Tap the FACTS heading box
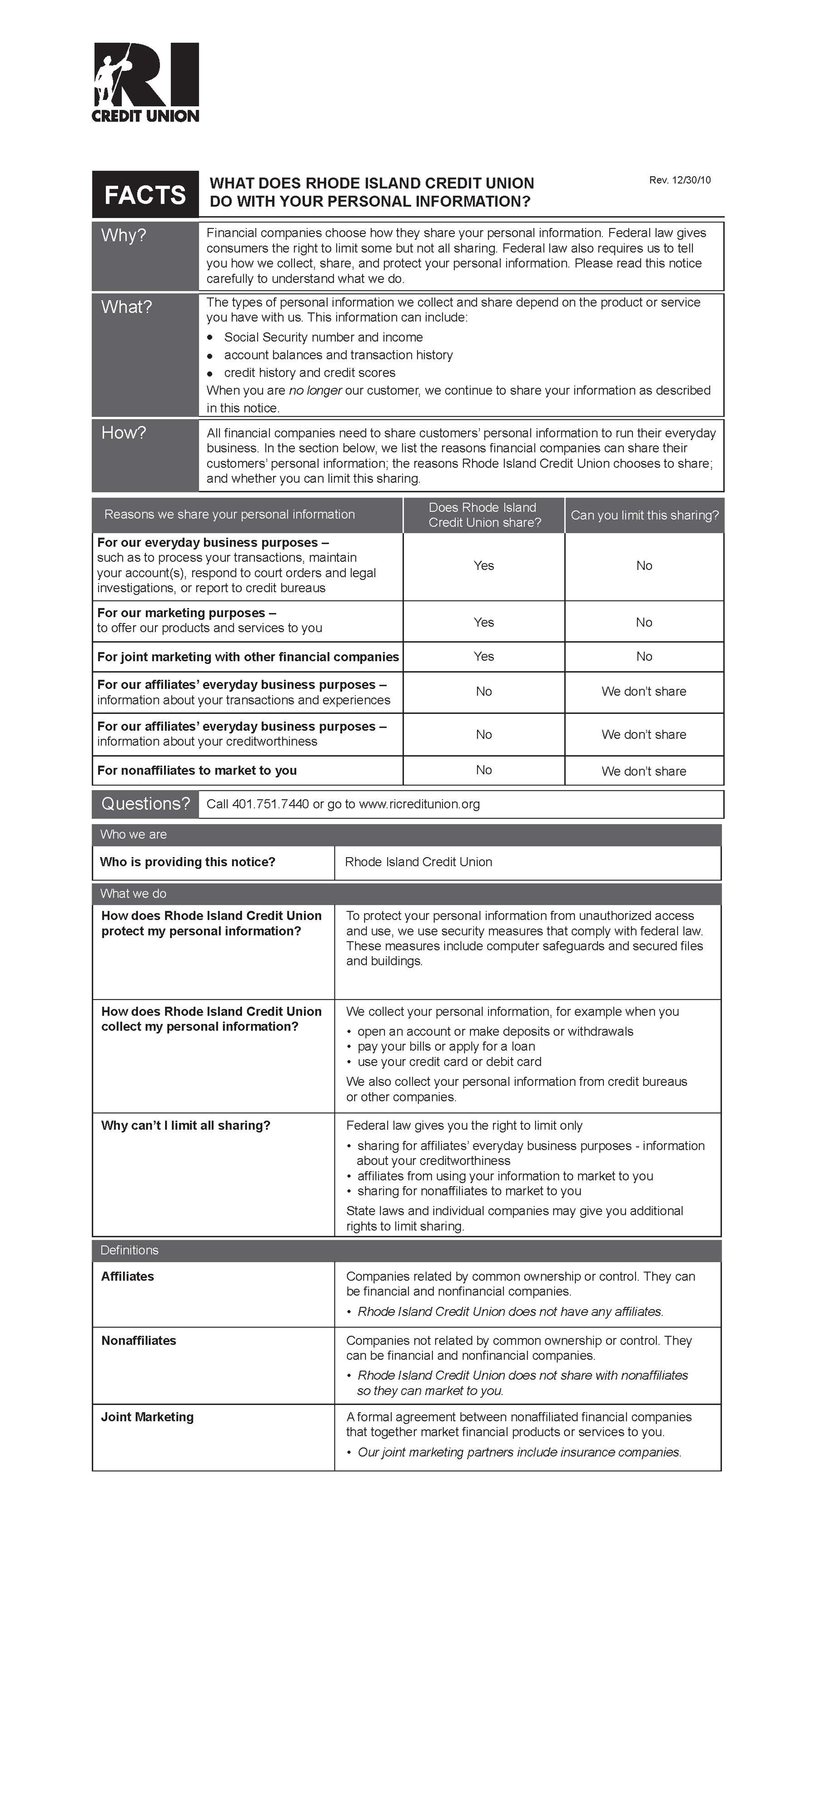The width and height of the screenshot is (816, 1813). (145, 194)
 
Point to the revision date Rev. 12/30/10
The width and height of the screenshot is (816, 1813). (679, 180)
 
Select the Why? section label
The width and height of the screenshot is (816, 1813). (124, 235)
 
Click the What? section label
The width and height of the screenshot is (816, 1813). (127, 307)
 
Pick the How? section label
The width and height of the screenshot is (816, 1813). (124, 432)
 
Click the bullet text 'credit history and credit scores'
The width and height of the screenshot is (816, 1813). (310, 372)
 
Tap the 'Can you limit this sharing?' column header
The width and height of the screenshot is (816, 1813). (644, 515)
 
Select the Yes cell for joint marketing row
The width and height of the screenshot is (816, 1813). (484, 656)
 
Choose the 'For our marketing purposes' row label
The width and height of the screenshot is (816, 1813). (187, 613)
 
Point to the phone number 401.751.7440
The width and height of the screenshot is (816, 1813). (270, 804)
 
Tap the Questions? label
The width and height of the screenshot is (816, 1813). (146, 804)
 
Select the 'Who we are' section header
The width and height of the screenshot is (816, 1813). (134, 834)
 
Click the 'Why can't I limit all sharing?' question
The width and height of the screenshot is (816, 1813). (186, 1125)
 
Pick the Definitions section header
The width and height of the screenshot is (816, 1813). (129, 1250)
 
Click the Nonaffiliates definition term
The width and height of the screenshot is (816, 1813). (139, 1340)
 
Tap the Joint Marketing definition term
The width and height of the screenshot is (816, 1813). (147, 1417)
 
